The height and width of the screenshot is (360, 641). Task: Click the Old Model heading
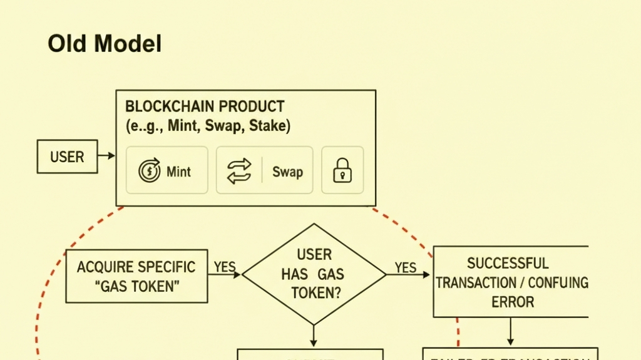[105, 44]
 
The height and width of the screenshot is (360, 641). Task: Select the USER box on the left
[67, 156]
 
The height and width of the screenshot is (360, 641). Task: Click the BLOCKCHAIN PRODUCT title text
[205, 106]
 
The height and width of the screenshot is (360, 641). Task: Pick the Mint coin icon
[149, 171]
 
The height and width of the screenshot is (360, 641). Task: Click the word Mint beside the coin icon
[179, 172]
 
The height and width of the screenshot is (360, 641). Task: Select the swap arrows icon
[238, 171]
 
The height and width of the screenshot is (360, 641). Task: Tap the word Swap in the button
[287, 172]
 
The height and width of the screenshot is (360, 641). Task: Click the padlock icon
[342, 170]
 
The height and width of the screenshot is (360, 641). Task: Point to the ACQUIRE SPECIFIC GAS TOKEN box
[136, 276]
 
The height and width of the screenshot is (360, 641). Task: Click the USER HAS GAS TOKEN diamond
[314, 274]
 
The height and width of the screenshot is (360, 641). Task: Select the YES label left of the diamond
[225, 267]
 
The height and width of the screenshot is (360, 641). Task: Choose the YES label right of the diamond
[406, 268]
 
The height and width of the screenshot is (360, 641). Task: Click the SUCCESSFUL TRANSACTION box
[511, 282]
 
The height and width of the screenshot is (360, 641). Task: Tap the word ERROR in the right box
[513, 302]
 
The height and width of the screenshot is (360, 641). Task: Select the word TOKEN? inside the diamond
[316, 293]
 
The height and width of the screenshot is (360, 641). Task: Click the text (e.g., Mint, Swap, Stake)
[208, 126]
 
